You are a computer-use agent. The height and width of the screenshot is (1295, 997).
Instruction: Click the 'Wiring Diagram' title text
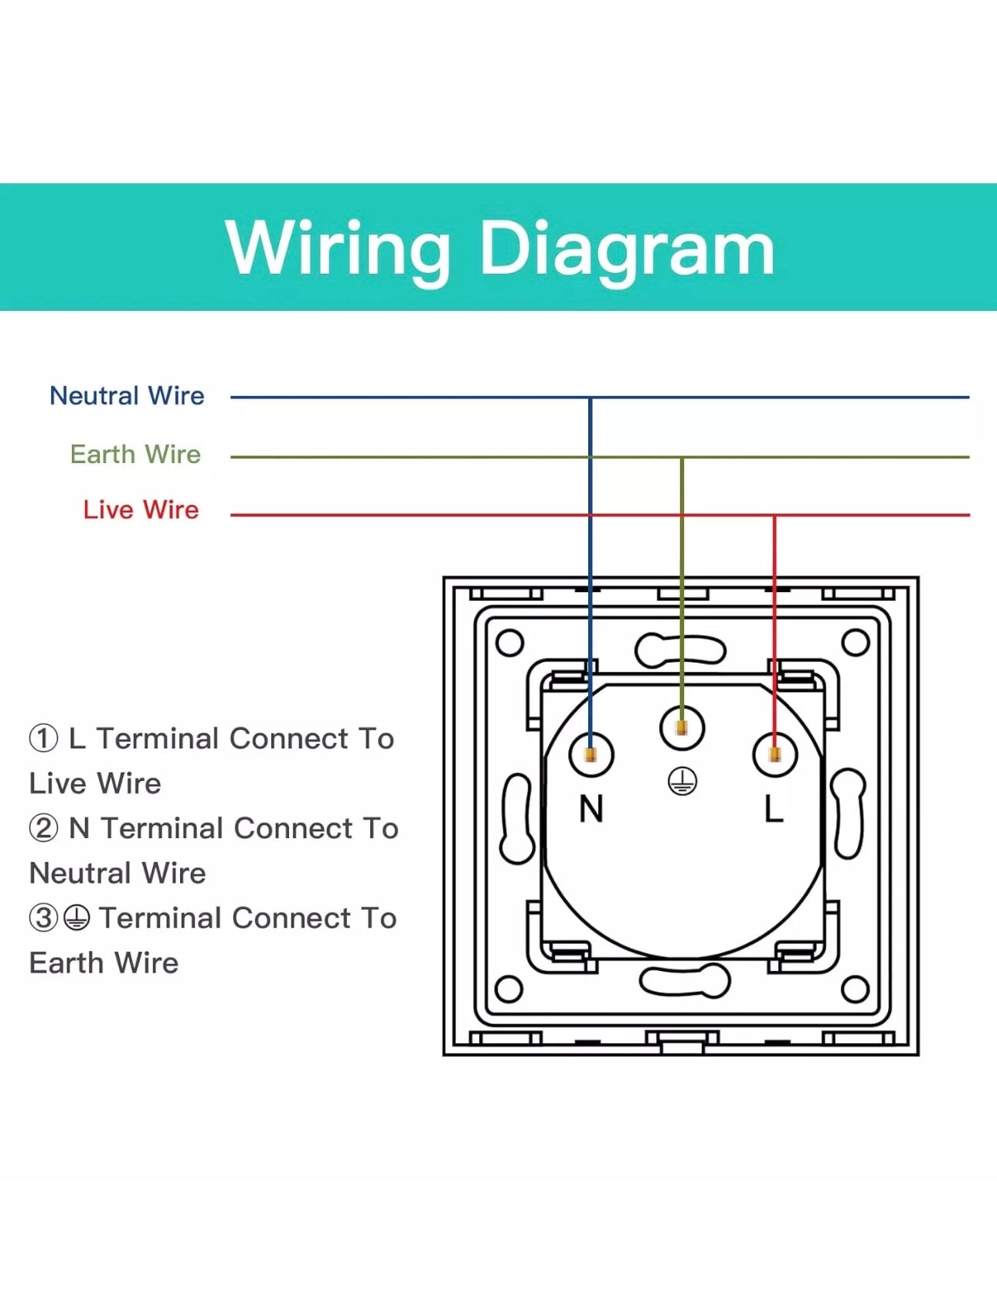click(x=499, y=247)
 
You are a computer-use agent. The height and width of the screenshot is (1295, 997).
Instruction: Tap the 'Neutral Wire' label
click(x=127, y=396)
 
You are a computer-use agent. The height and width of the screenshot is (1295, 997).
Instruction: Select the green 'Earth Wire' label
click(x=135, y=454)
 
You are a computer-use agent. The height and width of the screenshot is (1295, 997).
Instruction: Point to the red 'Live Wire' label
click(x=141, y=509)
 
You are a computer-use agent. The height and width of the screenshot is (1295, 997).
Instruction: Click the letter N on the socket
click(x=591, y=809)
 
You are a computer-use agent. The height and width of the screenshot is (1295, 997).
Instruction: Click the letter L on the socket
click(x=774, y=809)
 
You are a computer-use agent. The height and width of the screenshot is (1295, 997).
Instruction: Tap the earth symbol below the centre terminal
click(x=682, y=782)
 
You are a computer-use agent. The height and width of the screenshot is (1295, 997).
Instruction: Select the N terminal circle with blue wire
click(x=591, y=754)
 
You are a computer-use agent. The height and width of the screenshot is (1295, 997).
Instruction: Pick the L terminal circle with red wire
click(x=774, y=754)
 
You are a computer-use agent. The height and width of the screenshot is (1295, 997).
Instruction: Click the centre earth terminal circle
click(x=682, y=728)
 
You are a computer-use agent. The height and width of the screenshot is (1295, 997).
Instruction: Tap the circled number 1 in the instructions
click(x=43, y=738)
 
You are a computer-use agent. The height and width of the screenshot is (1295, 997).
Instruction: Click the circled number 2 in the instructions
click(x=43, y=828)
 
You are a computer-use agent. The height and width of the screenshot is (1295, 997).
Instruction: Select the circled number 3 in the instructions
click(x=43, y=918)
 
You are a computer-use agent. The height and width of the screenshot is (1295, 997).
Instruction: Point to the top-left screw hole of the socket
click(x=509, y=642)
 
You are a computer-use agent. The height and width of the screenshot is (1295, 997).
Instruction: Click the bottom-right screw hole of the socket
click(x=855, y=988)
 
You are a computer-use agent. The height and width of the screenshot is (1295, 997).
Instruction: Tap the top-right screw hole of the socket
click(x=855, y=642)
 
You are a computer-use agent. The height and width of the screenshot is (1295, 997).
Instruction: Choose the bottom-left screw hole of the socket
click(x=509, y=988)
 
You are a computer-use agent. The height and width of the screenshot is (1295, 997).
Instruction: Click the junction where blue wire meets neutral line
click(x=590, y=397)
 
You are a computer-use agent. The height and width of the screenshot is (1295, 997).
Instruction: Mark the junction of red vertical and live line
click(x=774, y=515)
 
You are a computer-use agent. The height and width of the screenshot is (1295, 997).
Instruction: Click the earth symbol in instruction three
click(x=76, y=918)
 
